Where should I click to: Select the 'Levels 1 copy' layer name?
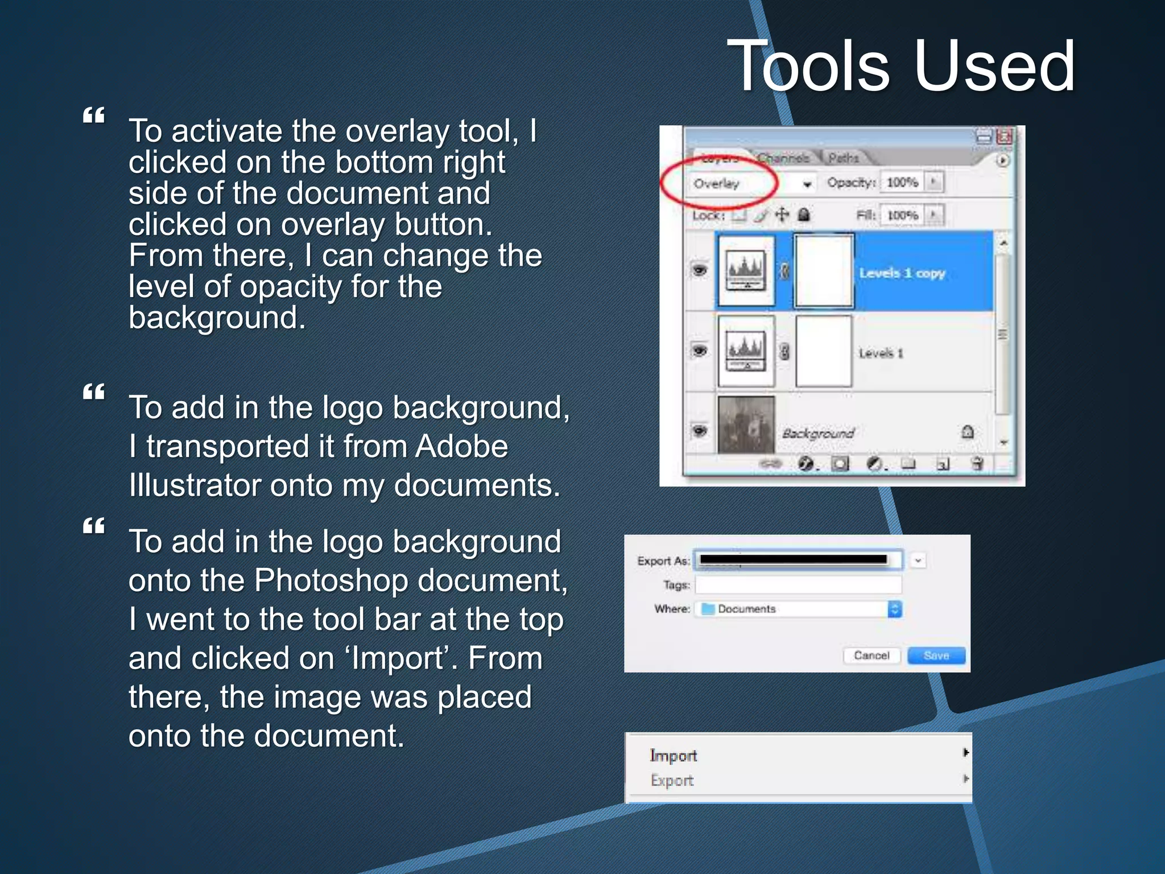coord(902,273)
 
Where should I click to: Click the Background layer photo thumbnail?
coord(746,424)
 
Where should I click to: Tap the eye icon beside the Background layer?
coord(699,431)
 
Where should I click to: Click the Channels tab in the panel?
coord(783,158)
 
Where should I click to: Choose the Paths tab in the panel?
coord(843,158)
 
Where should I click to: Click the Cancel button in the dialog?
coord(871,655)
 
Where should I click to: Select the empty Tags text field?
coord(798,585)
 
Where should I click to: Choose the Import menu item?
coord(674,756)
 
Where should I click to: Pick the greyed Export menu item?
coord(672,781)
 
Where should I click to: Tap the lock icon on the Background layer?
coord(967,432)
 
